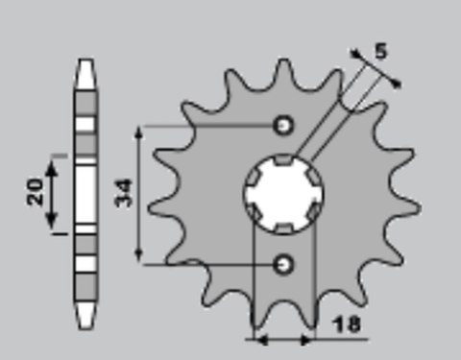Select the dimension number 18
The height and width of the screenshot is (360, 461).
pos(350,324)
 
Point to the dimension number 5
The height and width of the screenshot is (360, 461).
pos(380,51)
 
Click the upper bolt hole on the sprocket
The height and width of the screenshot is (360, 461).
pos(283,125)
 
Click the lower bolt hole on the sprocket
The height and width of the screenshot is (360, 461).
pos(283,261)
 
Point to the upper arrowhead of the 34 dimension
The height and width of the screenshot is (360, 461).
pos(141,131)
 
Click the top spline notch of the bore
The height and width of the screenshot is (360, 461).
pos(283,159)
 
